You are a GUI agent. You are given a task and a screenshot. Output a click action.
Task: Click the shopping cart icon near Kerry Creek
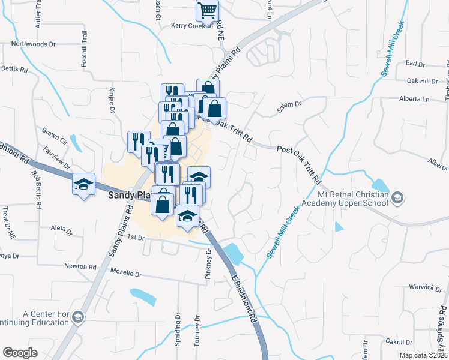point(207,10)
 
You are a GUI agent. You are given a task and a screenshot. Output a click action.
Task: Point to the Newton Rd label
point(80,266)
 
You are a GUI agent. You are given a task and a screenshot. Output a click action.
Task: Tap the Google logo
point(20,353)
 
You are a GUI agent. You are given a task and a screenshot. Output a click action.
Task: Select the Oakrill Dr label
point(399,341)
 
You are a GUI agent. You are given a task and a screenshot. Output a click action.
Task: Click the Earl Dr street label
point(415,64)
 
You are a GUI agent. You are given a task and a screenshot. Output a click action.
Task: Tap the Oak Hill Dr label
point(423,81)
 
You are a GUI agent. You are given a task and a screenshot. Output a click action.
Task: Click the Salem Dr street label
point(288,104)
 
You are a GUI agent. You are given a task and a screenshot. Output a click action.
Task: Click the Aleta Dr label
point(62,229)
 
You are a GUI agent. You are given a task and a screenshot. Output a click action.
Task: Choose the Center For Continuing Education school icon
point(77,316)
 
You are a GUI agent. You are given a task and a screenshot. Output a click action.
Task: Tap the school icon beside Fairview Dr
point(84,184)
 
